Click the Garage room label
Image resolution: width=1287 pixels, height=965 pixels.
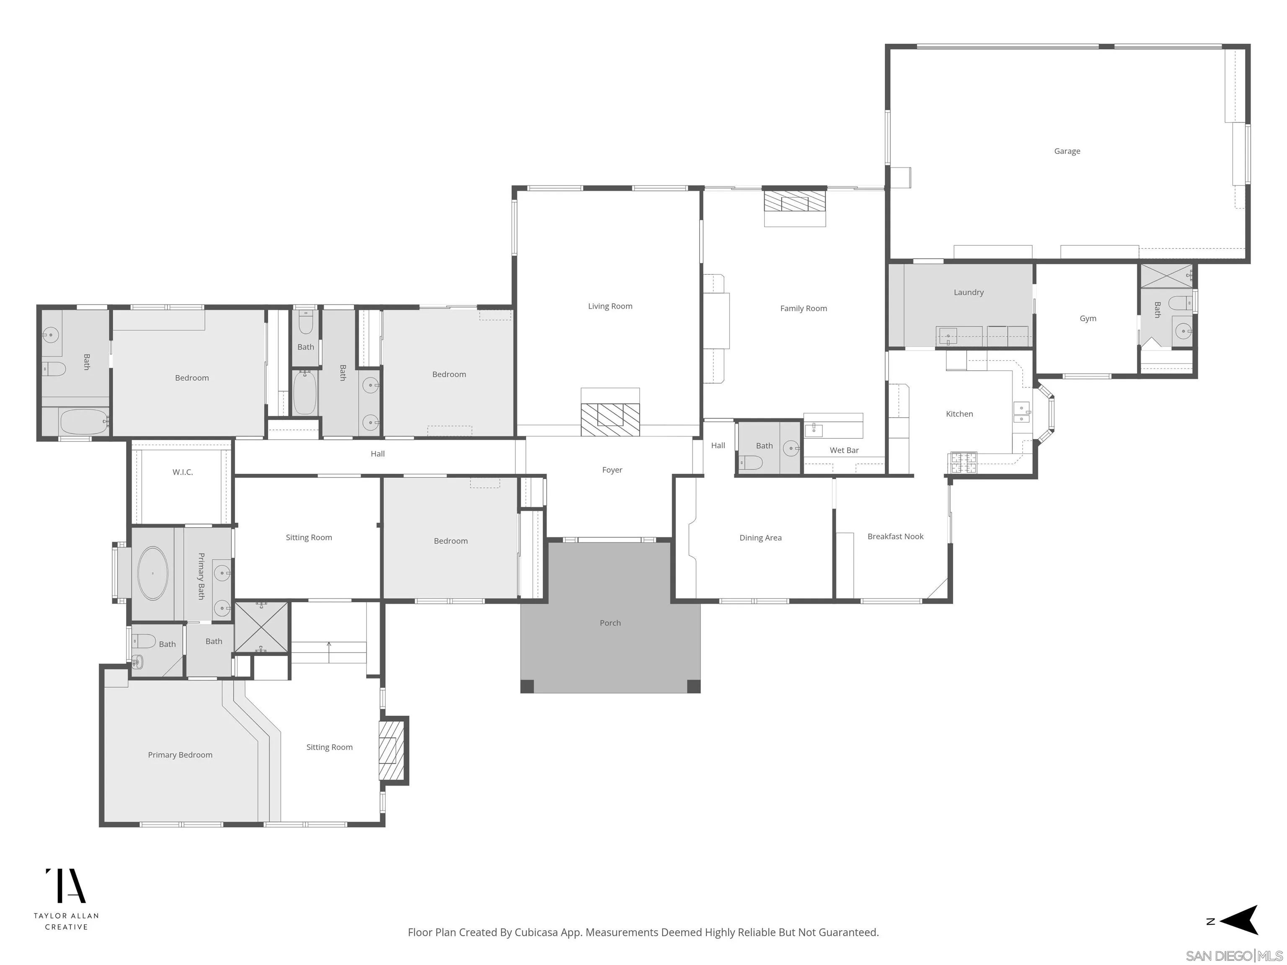(x=1067, y=151)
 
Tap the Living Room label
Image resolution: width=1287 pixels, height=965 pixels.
(x=610, y=307)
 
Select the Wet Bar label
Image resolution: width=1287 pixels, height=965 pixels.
(x=844, y=450)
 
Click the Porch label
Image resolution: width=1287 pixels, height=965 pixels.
(x=610, y=623)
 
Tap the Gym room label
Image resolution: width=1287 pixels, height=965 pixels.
(x=1088, y=319)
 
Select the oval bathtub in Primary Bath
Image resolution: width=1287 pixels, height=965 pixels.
(x=152, y=573)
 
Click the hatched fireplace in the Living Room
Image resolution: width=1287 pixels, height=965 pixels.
(x=610, y=419)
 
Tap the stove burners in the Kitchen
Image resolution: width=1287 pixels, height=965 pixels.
(x=963, y=463)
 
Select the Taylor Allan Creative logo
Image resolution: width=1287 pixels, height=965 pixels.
(x=66, y=899)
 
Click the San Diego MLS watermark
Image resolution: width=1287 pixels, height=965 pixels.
(x=1233, y=956)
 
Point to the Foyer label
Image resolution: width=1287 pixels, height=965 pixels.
(x=612, y=470)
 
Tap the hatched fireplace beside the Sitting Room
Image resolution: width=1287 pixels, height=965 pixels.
(x=391, y=751)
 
